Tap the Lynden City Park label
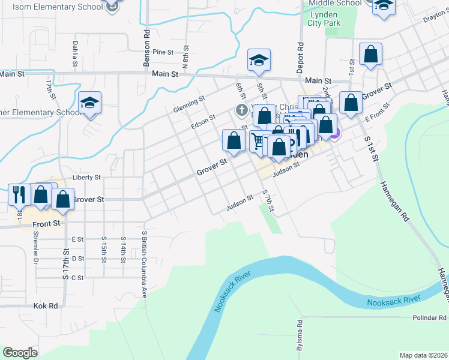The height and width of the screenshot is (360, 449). click(x=324, y=19)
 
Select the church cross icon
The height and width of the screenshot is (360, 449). click(x=241, y=110)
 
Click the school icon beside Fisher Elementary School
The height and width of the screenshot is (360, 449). click(x=89, y=103)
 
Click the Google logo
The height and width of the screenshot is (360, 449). click(x=20, y=353)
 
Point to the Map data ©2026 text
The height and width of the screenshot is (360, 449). click(x=423, y=355)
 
